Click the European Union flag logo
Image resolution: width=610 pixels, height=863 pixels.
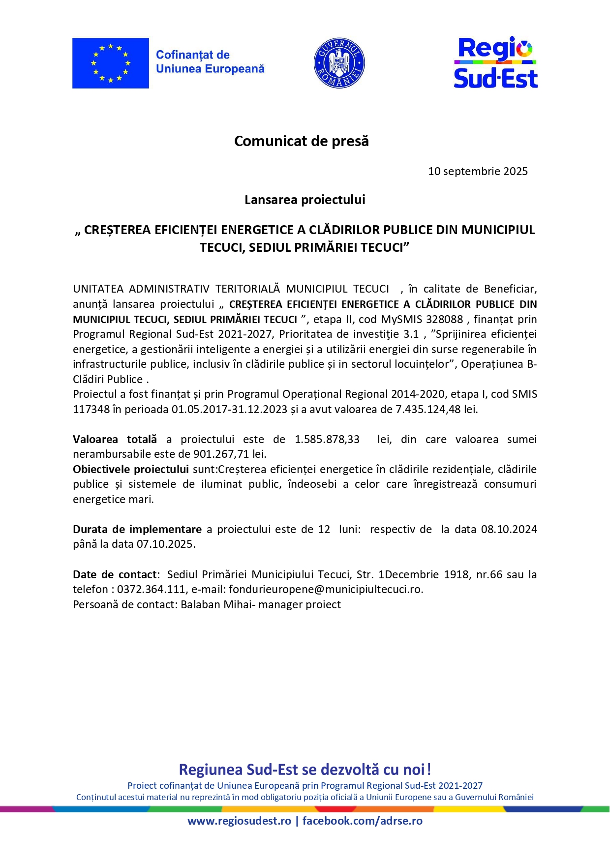[x=110, y=63]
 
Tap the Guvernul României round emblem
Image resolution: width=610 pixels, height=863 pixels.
[x=339, y=63]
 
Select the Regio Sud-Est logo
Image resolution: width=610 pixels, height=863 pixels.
[x=495, y=63]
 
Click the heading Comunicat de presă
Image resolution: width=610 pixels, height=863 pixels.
[x=301, y=141]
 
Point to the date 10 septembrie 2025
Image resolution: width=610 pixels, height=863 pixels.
[x=478, y=171]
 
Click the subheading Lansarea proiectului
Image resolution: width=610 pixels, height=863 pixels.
[x=305, y=200]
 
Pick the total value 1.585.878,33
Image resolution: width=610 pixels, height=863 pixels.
[x=327, y=439]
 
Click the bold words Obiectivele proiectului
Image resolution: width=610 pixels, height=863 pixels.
[x=130, y=469]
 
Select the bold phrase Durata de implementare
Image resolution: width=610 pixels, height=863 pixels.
[x=137, y=529]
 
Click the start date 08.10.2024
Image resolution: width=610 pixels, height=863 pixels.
[x=509, y=529]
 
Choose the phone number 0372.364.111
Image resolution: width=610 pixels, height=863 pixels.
[x=151, y=589]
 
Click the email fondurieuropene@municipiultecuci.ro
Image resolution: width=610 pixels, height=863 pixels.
[x=325, y=589]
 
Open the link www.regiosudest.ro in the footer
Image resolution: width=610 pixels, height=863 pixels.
[x=239, y=821]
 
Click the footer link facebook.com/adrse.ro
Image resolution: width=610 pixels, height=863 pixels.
[x=362, y=821]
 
